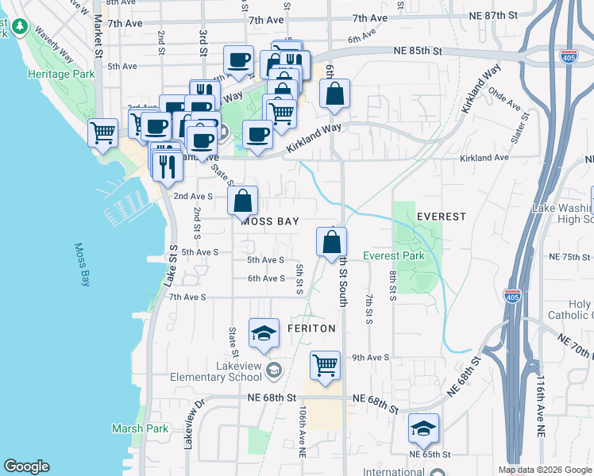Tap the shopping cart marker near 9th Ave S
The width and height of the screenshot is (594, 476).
[324, 366]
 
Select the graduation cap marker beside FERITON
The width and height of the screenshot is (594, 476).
[264, 333]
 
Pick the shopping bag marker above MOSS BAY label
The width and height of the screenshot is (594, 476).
[243, 202]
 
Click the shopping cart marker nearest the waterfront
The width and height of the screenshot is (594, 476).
[103, 134]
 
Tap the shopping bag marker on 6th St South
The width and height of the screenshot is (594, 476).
[331, 243]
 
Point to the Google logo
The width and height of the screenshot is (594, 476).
[26, 466]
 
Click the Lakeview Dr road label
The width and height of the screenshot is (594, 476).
[189, 426]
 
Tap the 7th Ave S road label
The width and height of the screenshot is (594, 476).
[187, 297]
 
